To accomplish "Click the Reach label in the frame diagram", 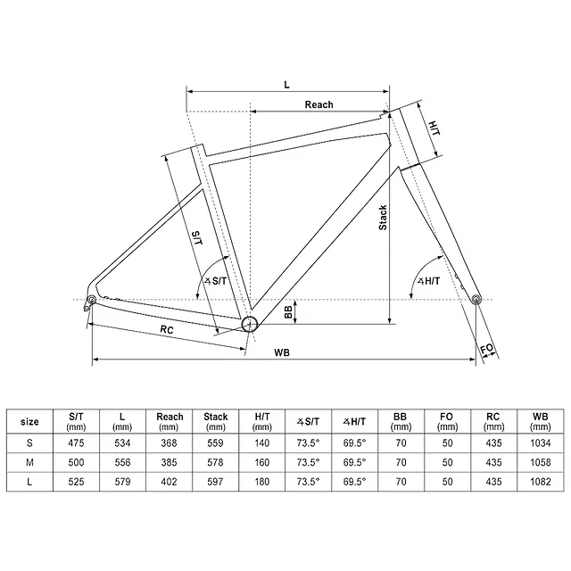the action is point(319,105).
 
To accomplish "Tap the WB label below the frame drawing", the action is point(282,352).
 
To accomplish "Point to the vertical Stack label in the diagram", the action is point(383,218).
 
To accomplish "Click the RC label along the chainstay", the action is point(167,329).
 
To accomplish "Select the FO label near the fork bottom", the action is point(487,349).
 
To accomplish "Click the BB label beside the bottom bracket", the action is point(288,312).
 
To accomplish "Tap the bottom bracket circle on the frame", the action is point(250,324).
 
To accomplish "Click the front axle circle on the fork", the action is point(476,300).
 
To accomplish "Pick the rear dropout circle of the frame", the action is point(91,300).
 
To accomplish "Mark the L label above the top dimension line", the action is point(286,85).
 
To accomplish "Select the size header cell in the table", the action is point(29,422).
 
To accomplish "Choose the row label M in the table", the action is point(29,462).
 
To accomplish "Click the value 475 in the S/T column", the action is point(76,443).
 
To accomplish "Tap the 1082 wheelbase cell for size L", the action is point(541,482).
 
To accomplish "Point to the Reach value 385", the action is point(169,462).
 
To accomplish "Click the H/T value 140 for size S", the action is point(261,443).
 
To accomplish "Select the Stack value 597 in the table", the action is point(215,482).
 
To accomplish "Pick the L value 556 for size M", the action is point(122,462).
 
